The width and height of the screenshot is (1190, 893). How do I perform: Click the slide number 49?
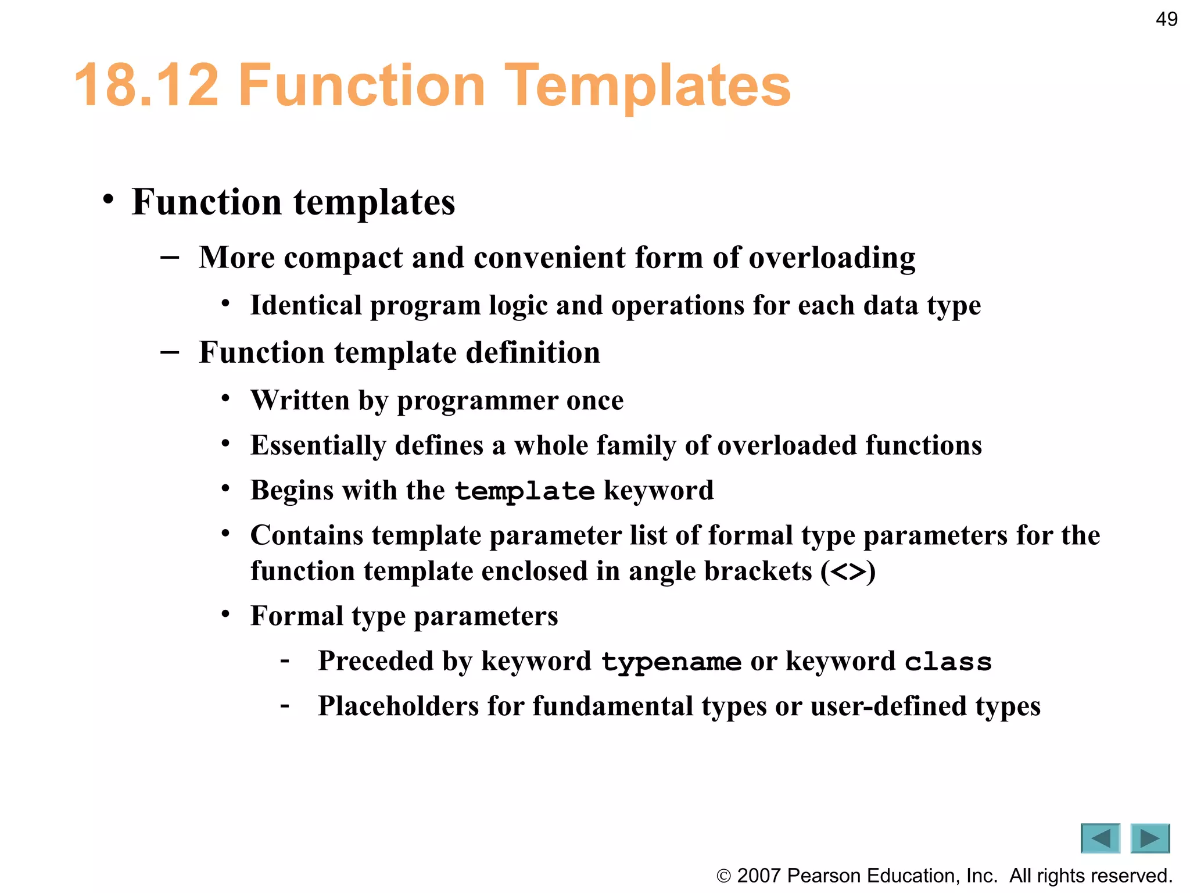coord(1166,19)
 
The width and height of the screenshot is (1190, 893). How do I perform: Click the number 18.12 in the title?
coord(147,85)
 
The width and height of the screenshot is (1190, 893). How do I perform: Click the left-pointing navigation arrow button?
coord(1100,838)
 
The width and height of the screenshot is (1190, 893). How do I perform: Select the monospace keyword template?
coord(524,491)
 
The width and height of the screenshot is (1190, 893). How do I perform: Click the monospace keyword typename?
coord(671,662)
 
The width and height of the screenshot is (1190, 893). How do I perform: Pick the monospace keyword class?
coord(948,662)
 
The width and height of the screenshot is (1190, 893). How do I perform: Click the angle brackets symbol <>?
coord(849,571)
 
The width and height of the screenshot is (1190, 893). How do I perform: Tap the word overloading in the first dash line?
coord(831,258)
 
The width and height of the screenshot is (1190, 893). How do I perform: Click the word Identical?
coord(306,305)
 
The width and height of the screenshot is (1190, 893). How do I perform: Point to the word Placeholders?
coord(398,706)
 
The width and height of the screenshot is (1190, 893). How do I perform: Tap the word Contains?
coord(307,535)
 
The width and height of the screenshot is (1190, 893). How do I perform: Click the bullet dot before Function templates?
coord(108,199)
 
